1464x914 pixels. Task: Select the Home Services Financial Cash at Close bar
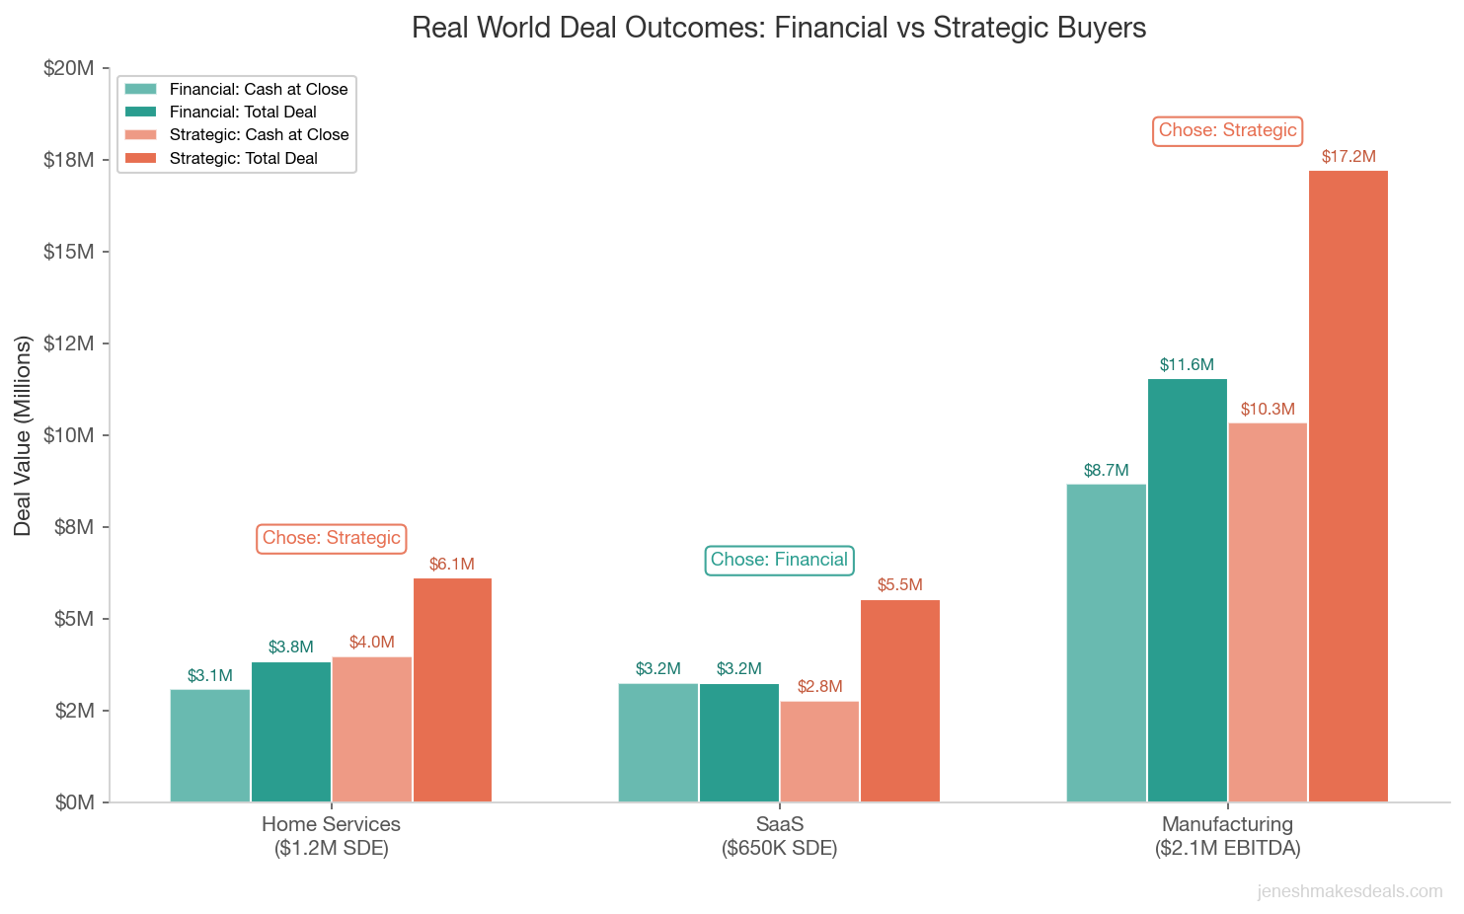210,745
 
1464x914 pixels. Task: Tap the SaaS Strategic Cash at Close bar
819,751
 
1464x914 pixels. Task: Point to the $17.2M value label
1348,157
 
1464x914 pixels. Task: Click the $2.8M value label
819,687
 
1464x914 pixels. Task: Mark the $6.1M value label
451,565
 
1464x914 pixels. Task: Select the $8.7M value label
1106,471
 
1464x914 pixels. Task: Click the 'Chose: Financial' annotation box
779,560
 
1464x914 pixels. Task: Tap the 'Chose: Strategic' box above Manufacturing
1227,130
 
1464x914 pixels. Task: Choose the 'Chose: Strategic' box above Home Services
332,538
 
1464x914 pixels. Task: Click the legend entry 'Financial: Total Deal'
243,112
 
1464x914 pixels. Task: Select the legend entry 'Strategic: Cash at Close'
259,135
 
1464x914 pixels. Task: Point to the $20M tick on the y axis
69,68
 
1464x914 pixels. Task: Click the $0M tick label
75,802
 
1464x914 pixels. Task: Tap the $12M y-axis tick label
69,343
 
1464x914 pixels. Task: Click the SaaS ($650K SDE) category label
779,836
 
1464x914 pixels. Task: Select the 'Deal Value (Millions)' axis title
23,435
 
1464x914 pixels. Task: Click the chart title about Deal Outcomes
779,28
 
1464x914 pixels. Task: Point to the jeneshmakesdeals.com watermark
1349,892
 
